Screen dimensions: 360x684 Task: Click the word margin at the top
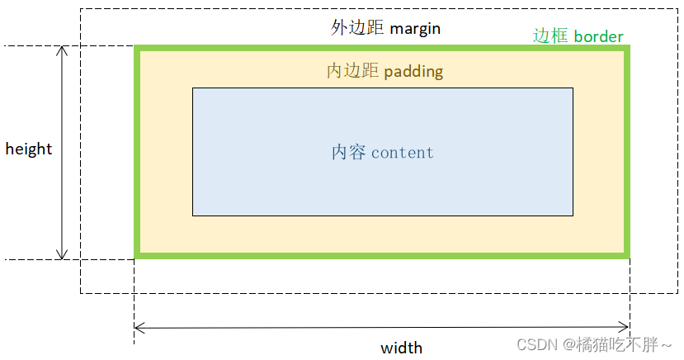pos(415,29)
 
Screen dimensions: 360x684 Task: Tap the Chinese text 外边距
pos(357,28)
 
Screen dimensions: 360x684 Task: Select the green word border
pos(598,37)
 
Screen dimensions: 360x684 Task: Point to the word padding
pos(413,72)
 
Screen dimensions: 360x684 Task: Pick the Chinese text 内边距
pos(353,71)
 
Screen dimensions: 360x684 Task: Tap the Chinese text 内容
pos(349,153)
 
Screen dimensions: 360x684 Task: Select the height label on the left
pos(29,149)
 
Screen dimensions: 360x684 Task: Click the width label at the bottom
pos(401,348)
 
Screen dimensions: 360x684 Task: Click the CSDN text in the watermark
pos(537,343)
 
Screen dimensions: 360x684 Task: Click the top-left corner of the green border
pos(137,48)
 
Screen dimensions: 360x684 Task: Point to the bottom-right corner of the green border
pos(627,255)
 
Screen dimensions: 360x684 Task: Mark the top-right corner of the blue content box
pos(573,88)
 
